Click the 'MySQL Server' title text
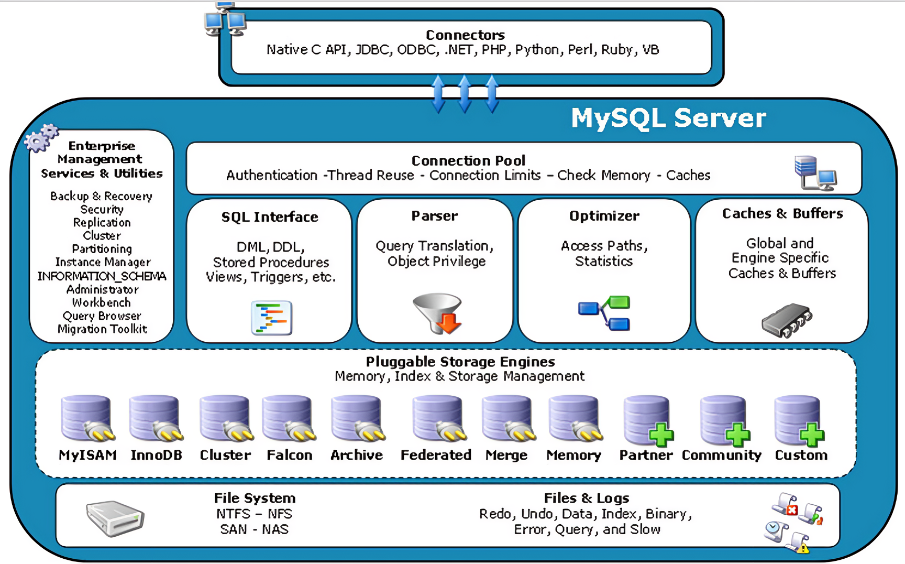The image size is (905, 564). tap(668, 118)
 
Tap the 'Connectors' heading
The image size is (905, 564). tap(465, 35)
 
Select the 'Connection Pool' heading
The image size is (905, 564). tap(468, 160)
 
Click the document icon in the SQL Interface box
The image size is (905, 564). tap(271, 318)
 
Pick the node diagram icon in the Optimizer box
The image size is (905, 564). tap(604, 313)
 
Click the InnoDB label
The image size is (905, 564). tap(156, 455)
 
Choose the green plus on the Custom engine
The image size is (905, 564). tap(812, 435)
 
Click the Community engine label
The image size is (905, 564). tap(721, 455)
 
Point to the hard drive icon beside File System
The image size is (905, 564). tap(115, 518)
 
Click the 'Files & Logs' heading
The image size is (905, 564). tap(587, 498)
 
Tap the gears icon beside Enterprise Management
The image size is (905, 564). tap(41, 138)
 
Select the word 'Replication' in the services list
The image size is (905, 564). tap(102, 222)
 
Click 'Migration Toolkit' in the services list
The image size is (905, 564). tap(102, 329)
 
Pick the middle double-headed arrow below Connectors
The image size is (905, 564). tap(465, 94)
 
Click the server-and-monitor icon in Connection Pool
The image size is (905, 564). tap(815, 172)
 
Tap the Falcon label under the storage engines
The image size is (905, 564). tap(290, 455)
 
